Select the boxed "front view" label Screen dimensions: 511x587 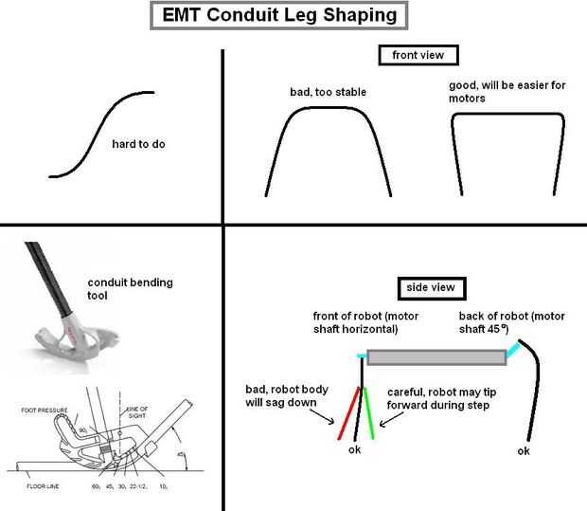point(418,55)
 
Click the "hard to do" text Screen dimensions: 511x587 point(139,144)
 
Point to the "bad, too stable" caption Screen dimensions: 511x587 point(328,92)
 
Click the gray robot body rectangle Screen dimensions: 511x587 point(436,356)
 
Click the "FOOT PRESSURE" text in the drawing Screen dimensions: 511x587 point(42,410)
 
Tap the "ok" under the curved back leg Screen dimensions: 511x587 point(524,451)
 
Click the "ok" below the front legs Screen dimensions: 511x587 point(357,449)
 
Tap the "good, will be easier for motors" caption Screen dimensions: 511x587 point(507,91)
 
